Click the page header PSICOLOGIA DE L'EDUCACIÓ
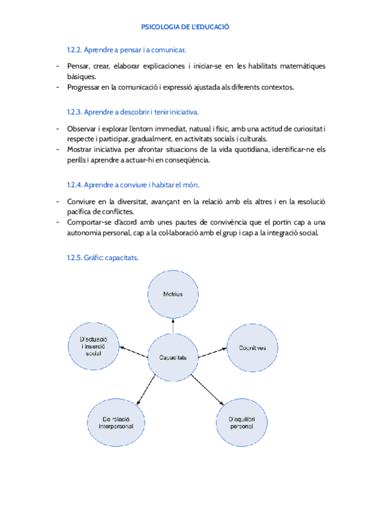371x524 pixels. click(x=185, y=27)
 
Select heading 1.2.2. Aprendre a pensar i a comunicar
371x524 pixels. click(x=126, y=49)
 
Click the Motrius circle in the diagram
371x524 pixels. click(x=173, y=294)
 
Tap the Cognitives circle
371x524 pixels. click(x=253, y=348)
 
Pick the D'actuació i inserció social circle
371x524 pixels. click(x=94, y=345)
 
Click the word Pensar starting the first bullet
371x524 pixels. click(x=78, y=66)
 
